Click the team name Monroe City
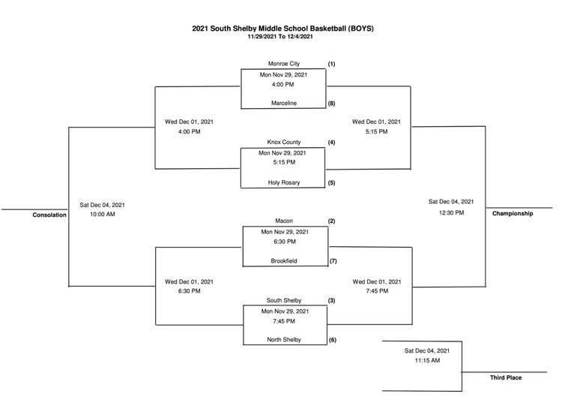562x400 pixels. point(284,64)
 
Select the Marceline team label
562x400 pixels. point(284,103)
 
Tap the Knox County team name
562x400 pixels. point(284,142)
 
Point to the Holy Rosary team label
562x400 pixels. point(284,182)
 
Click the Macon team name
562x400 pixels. point(284,221)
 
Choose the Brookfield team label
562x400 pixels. point(284,261)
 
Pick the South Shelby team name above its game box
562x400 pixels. point(284,300)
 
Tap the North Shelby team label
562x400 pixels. point(284,340)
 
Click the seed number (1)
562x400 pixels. point(331,64)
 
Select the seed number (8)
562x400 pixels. point(331,104)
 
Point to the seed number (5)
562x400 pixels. point(331,183)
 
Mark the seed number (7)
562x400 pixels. point(333,261)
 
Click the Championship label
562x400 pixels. point(513,214)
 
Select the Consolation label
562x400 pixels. point(49,215)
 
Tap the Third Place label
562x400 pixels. point(506,377)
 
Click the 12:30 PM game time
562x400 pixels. point(452,213)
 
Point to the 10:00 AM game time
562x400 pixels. point(103,215)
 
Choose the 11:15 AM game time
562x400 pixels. point(427,360)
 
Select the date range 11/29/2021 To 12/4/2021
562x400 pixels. point(280,37)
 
